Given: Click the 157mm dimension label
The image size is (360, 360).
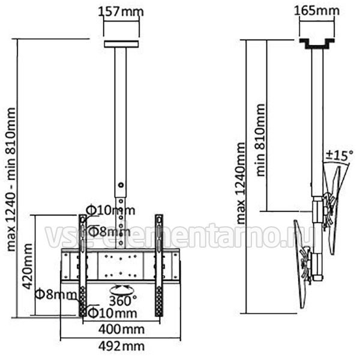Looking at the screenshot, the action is click(x=121, y=11).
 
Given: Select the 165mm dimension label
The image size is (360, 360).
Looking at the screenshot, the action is click(x=317, y=10).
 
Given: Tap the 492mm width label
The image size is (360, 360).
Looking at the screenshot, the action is click(x=121, y=346).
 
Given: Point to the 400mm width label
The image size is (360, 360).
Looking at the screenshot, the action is click(x=121, y=329).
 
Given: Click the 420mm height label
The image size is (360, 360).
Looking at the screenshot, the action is click(x=28, y=266).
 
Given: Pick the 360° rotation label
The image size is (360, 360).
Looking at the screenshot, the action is click(x=123, y=301).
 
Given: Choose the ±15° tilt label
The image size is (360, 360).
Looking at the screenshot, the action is click(x=340, y=155).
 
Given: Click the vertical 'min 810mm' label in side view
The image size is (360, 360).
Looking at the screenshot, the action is click(x=260, y=140).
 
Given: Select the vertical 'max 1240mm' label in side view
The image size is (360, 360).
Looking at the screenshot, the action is click(x=241, y=183).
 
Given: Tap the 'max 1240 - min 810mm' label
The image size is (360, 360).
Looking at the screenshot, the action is click(x=11, y=179).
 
